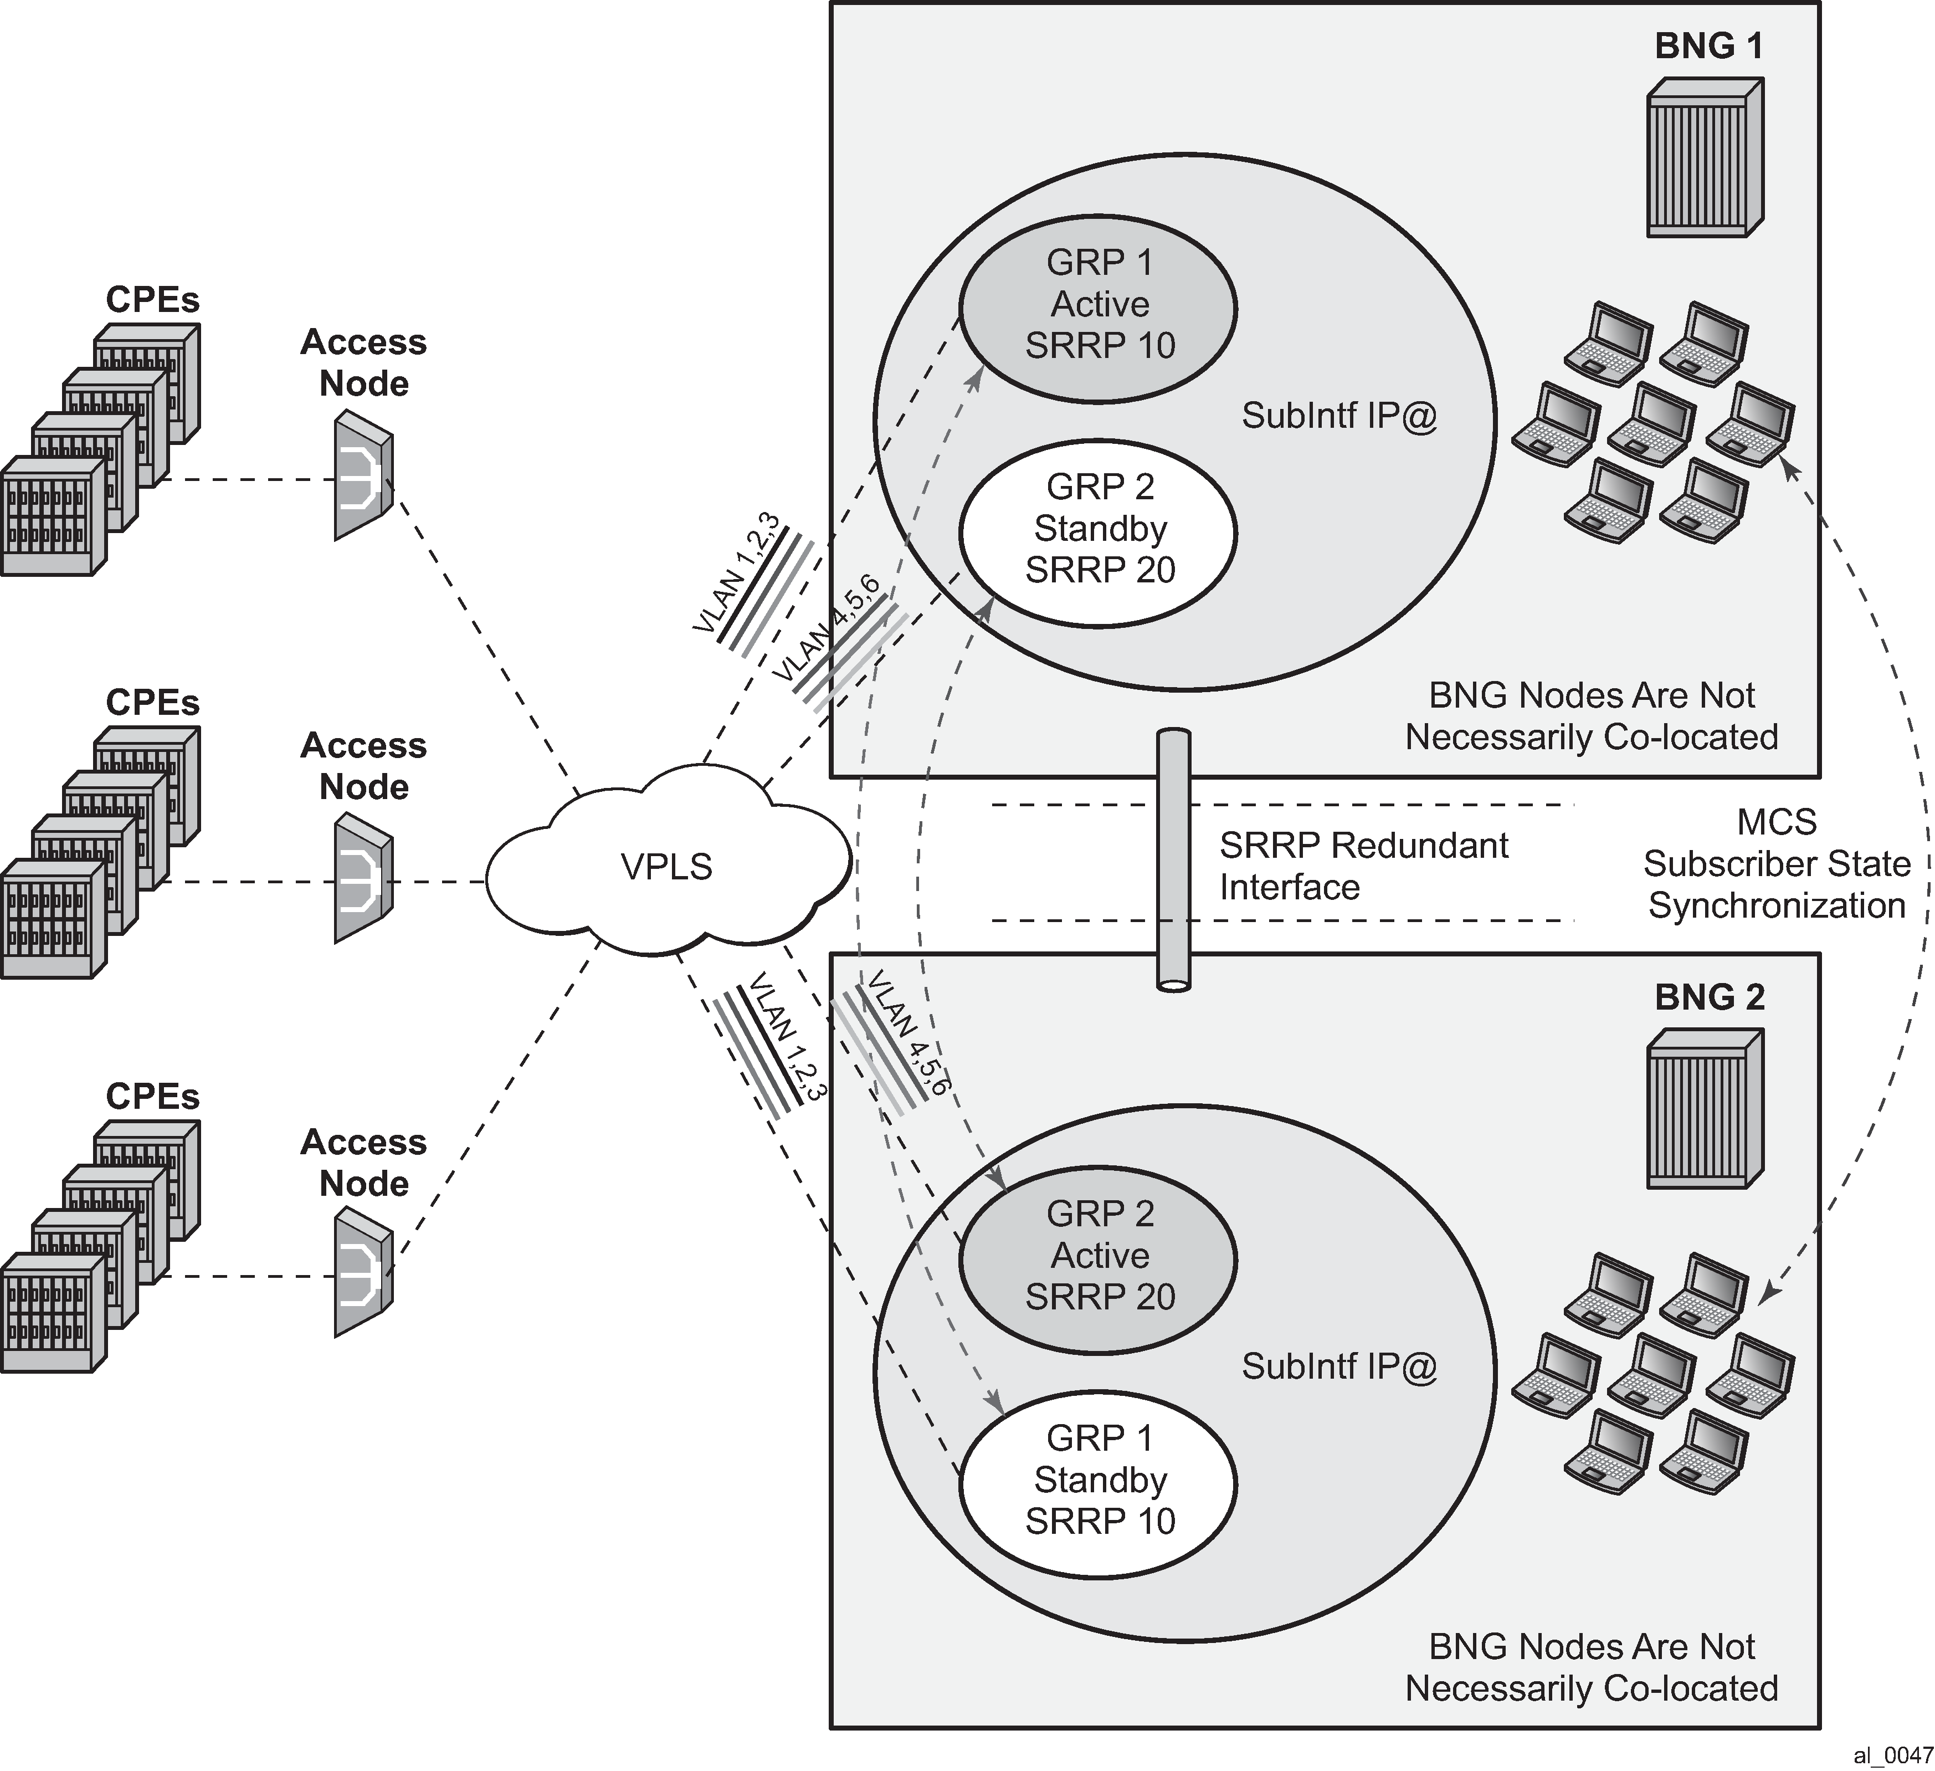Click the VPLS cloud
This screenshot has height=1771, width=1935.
click(x=667, y=867)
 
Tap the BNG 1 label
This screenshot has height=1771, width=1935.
click(x=1710, y=46)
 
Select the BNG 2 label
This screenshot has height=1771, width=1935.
click(x=1710, y=997)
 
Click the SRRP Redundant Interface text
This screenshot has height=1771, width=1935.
click(x=1363, y=866)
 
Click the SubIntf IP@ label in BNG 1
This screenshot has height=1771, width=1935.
click(x=1339, y=416)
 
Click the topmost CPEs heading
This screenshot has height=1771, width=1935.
click(x=152, y=299)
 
